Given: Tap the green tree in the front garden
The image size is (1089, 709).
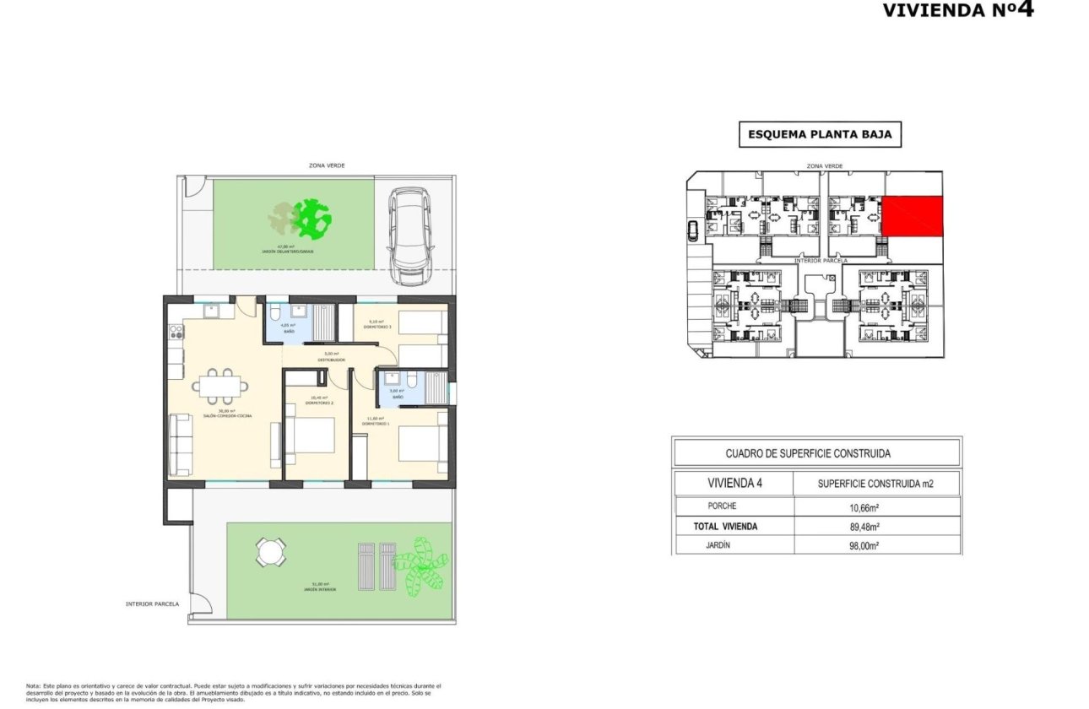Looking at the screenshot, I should click(x=311, y=218).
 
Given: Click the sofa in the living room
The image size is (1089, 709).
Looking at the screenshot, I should click(x=179, y=443).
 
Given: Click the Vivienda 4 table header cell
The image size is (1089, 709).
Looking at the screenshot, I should click(x=734, y=484).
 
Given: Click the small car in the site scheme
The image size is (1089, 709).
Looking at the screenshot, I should click(x=694, y=230).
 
